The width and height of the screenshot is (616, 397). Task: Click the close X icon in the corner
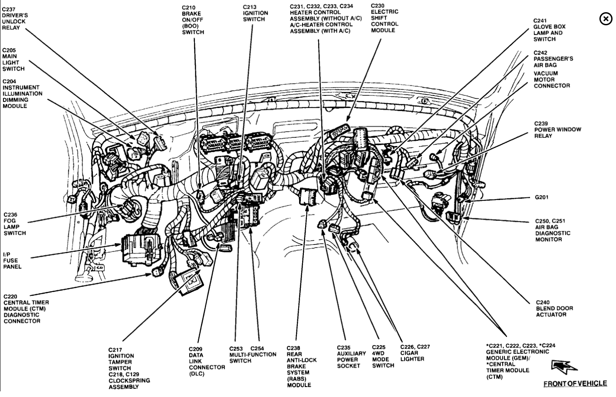606,19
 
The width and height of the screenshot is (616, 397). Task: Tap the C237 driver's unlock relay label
14,18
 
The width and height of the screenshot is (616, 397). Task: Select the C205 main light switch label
14,59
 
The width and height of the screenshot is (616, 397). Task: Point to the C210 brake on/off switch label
193,20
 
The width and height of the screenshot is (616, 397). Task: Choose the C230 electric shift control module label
385,18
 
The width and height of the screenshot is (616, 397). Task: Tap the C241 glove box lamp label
549,30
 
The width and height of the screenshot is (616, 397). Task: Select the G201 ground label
541,197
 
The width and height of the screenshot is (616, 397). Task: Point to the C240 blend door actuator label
554,308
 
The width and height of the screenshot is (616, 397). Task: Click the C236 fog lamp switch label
15,224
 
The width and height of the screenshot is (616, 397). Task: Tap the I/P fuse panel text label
12,260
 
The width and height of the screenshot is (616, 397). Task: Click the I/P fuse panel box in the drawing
140,249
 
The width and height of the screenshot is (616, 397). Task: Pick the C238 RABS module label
301,366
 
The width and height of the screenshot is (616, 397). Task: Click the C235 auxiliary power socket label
351,356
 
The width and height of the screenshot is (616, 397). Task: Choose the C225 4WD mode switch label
383,356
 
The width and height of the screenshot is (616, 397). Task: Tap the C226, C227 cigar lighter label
415,353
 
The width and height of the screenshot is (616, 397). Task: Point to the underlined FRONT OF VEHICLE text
575,383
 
